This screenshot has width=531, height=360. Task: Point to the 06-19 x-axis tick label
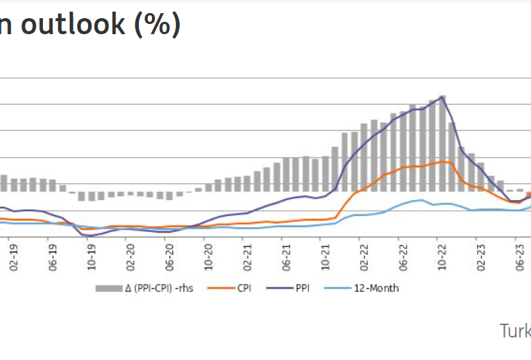point(53,260)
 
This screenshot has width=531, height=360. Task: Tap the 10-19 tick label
point(92,260)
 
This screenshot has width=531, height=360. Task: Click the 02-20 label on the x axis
point(131,260)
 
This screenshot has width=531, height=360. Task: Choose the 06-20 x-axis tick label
point(169,260)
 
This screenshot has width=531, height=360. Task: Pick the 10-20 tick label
point(209,260)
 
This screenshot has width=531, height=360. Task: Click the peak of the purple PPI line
point(442,97)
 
